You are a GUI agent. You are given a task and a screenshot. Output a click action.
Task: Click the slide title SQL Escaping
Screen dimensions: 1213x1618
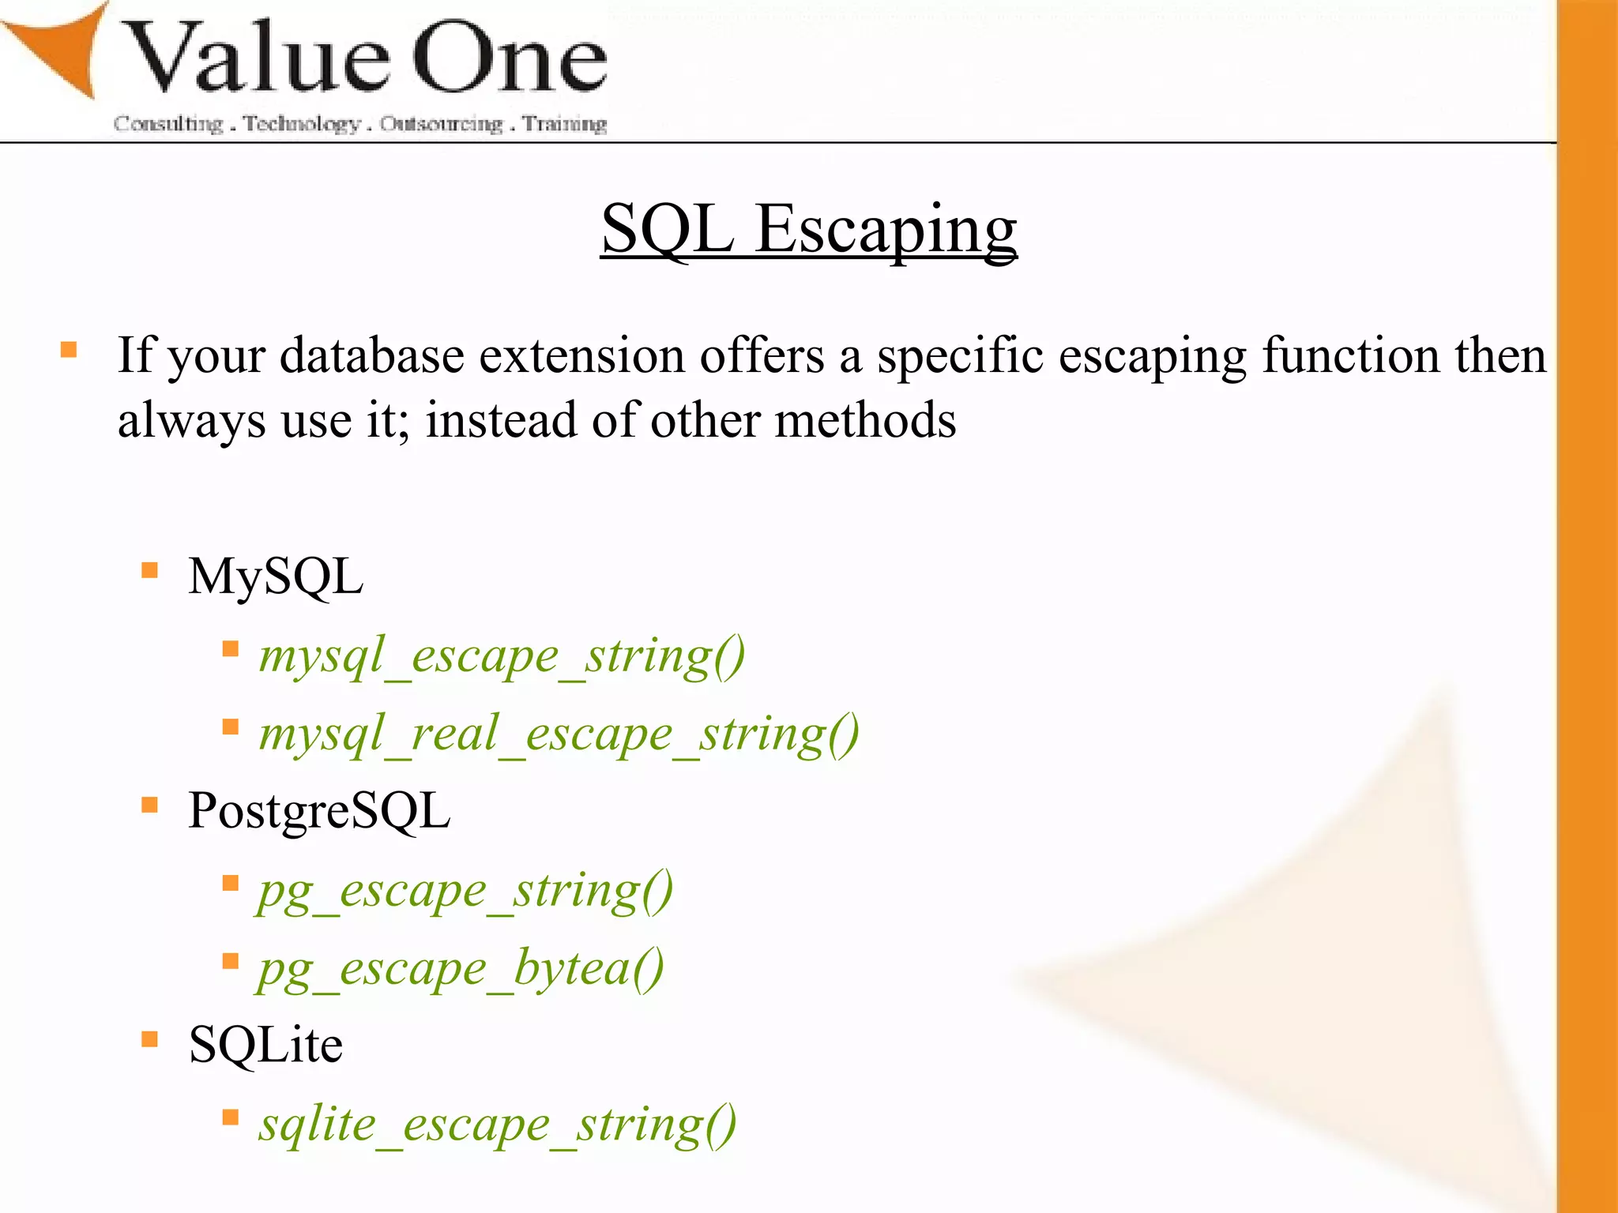coord(808,229)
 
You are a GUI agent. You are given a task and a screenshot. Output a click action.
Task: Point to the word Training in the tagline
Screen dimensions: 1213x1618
coord(564,124)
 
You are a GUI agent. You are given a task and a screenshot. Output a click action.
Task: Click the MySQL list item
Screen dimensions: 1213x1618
coord(276,576)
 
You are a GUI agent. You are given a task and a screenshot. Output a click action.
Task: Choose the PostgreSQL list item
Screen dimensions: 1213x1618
coord(319,811)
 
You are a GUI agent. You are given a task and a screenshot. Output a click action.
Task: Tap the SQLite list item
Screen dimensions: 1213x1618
coord(265,1045)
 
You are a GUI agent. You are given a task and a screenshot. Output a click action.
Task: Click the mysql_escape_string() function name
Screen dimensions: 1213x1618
coord(502,656)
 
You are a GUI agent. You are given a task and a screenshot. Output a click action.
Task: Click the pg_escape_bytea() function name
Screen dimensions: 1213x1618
coord(461,969)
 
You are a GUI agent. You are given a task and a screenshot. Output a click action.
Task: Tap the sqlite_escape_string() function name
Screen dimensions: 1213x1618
coord(498,1125)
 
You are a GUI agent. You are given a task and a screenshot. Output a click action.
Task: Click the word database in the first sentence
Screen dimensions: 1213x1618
coord(371,355)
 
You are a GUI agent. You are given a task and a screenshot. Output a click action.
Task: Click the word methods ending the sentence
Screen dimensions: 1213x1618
coord(865,420)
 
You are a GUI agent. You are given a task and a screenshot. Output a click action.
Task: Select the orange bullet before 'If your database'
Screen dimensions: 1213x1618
coord(69,350)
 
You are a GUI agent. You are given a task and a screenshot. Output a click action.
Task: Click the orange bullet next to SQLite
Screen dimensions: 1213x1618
coord(150,1038)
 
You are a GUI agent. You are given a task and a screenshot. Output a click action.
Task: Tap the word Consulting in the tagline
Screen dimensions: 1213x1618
coord(168,124)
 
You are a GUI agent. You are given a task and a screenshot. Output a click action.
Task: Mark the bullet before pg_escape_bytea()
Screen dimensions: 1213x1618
coord(231,961)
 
